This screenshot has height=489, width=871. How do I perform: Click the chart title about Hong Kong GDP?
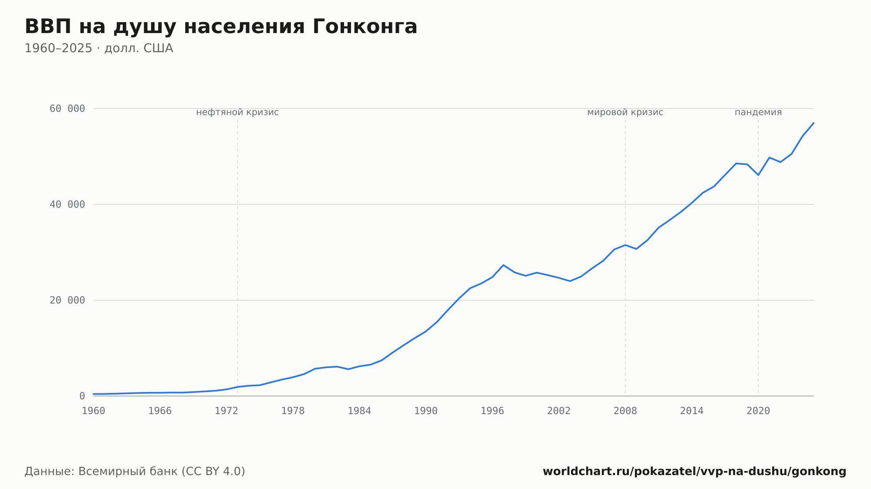[x=221, y=27]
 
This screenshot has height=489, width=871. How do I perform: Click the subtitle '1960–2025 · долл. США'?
[x=99, y=48]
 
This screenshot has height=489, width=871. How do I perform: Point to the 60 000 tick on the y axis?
[x=67, y=109]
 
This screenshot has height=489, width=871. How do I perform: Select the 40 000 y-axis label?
[x=67, y=204]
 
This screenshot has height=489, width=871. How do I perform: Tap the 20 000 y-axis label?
[x=67, y=300]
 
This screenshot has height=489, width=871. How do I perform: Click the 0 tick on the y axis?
[x=82, y=396]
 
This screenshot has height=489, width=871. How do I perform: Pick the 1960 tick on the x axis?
[x=94, y=411]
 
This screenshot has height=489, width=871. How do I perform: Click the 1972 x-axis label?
[x=226, y=411]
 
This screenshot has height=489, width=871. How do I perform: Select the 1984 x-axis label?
[x=359, y=411]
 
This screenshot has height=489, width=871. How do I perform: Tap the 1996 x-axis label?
[x=493, y=411]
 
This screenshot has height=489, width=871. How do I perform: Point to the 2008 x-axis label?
[x=625, y=411]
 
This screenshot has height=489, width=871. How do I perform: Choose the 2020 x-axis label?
[x=758, y=411]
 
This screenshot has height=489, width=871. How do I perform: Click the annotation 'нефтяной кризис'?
[x=237, y=112]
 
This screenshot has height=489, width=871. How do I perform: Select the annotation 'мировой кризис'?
[x=625, y=112]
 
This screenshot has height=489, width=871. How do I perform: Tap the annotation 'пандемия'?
[x=758, y=112]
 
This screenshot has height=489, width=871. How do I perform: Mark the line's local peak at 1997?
[x=503, y=265]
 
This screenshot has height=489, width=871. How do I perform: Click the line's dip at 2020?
[x=758, y=175]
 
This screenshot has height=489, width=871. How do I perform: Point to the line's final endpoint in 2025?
[x=814, y=123]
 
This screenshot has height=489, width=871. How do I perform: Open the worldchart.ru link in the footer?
[x=695, y=471]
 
